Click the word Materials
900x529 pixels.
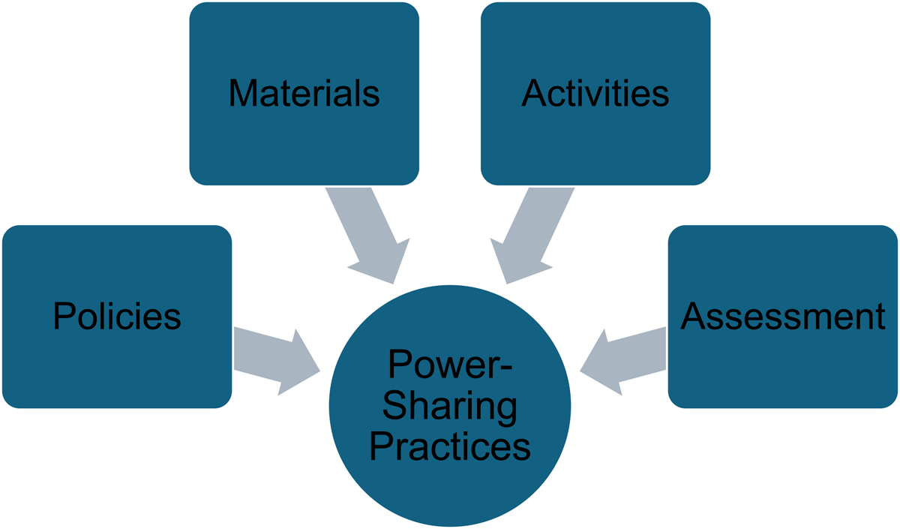pyautogui.click(x=304, y=94)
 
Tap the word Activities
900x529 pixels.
pyautogui.click(x=595, y=94)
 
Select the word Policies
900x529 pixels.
pyautogui.click(x=117, y=317)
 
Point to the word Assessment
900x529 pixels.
pyautogui.click(x=783, y=317)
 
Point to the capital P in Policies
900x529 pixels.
pyautogui.click(x=63, y=317)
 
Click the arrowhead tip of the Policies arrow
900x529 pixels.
pyautogui.click(x=319, y=370)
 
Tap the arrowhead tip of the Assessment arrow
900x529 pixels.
pyautogui.click(x=580, y=370)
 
